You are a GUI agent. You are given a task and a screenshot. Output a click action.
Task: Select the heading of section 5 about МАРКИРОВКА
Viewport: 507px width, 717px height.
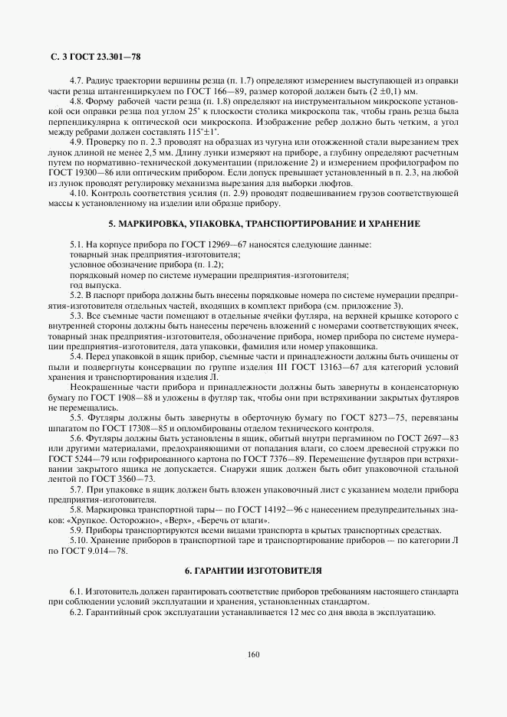coord(253,224)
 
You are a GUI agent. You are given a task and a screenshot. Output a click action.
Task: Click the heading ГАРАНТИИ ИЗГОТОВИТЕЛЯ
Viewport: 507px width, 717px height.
coord(253,571)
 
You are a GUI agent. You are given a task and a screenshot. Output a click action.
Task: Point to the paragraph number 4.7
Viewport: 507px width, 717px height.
coord(77,80)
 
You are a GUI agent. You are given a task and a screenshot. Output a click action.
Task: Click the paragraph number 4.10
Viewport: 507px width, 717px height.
coord(79,193)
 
